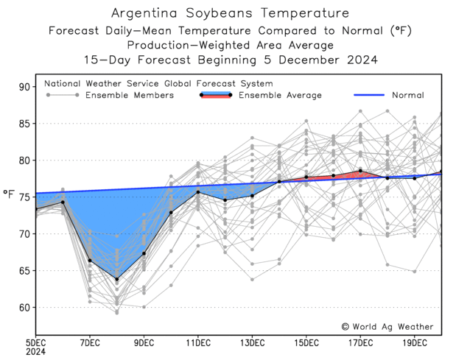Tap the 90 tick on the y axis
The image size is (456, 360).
(25, 87)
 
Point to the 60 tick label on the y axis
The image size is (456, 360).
(25, 308)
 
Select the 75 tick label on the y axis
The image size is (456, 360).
(25, 197)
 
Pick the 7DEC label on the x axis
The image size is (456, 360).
(90, 342)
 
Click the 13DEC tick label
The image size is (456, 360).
(252, 342)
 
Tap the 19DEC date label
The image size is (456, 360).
(414, 342)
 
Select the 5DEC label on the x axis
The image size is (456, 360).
(36, 342)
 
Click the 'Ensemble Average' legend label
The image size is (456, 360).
(281, 96)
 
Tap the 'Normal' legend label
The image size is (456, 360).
(407, 96)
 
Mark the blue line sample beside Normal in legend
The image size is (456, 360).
(371, 95)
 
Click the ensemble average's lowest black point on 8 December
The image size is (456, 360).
(116, 280)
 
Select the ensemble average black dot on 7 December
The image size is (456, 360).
(90, 261)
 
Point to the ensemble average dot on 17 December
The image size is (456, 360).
(360, 171)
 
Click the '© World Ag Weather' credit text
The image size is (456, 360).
(387, 326)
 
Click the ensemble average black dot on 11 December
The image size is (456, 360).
(198, 192)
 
